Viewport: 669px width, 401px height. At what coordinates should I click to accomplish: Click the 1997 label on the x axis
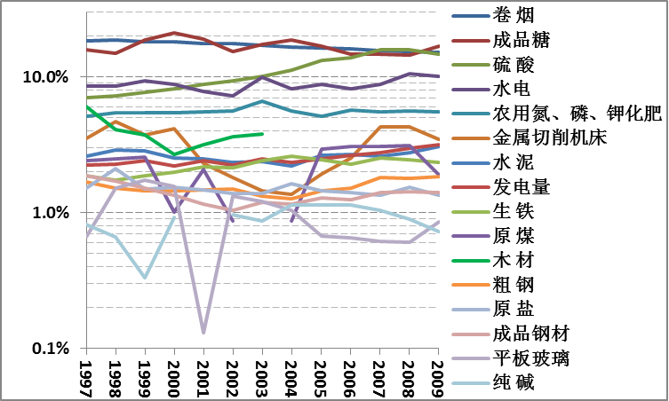pos(86,376)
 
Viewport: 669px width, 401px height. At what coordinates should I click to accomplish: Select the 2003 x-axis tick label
pos(262,376)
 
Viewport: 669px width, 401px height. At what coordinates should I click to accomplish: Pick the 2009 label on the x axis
pos(437,376)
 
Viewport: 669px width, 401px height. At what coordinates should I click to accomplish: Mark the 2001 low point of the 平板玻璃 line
pos(203,333)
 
